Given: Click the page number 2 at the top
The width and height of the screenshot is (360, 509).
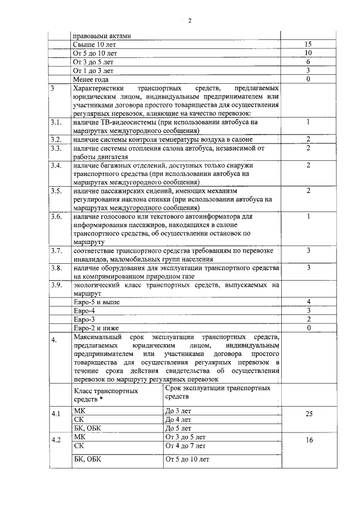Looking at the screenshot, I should (190, 21).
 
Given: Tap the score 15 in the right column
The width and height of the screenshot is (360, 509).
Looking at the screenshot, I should (308, 44).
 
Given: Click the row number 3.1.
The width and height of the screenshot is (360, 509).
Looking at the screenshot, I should (56, 122).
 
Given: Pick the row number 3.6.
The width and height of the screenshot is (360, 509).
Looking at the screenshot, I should (56, 217).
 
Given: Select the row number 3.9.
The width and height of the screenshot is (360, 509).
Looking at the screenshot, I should (56, 285).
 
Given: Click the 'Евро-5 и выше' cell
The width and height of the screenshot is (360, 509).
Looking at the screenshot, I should (96, 303).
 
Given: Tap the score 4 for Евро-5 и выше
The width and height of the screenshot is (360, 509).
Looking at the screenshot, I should (308, 303).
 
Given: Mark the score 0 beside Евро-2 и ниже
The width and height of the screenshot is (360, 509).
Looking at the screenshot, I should (308, 328).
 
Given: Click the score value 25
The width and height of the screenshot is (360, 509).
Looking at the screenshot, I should (308, 414).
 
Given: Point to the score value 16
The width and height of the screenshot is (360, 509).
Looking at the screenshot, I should (308, 440).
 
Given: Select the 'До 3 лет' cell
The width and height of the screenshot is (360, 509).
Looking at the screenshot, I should (178, 411).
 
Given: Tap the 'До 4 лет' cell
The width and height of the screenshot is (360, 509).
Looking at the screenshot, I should (178, 420).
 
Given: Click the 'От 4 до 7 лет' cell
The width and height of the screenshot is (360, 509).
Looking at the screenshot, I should (186, 445).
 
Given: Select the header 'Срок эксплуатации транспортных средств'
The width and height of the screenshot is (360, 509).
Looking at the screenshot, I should (217, 392).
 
